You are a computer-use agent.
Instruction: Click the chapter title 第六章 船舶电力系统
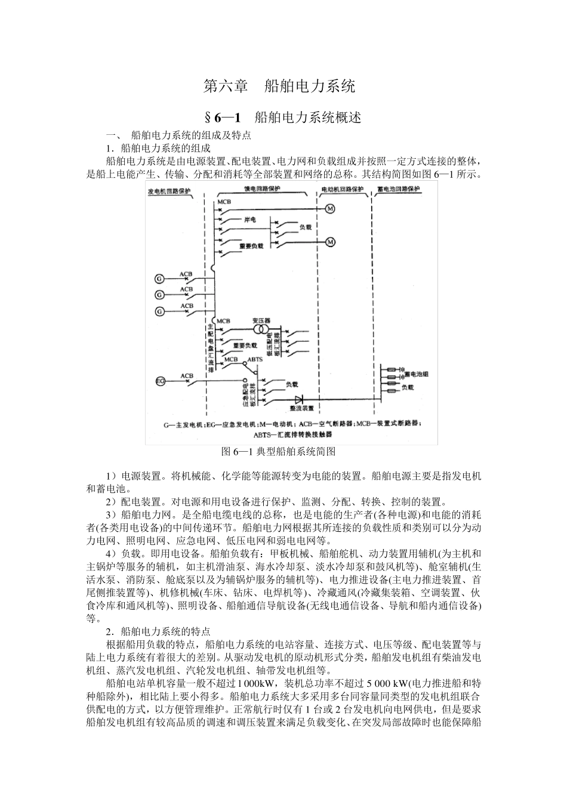279,86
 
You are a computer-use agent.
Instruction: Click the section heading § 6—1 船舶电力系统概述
283,117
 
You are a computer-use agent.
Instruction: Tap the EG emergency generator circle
160,381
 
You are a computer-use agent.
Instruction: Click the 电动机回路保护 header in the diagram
342,189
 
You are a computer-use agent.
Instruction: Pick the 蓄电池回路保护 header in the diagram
399,189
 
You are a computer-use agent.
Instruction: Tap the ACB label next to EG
187,376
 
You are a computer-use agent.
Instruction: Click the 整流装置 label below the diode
302,409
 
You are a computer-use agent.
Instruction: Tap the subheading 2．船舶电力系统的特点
158,631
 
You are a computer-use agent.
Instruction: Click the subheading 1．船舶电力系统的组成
158,148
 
